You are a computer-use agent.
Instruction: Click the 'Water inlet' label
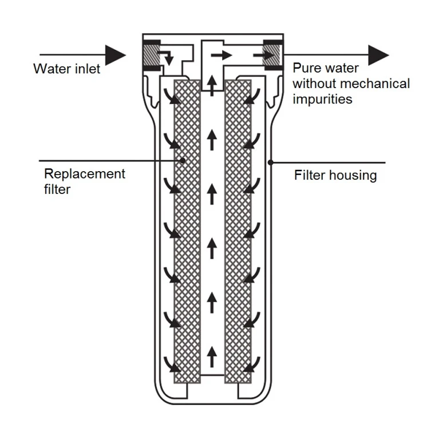(66, 69)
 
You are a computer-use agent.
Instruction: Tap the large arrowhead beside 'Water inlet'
(116, 55)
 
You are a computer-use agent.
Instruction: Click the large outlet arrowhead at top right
(378, 55)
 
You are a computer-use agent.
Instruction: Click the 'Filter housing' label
(335, 175)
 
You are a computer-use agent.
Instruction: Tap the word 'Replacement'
(84, 173)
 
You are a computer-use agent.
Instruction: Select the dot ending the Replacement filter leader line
(183, 161)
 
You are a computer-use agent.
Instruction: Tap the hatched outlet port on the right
(271, 57)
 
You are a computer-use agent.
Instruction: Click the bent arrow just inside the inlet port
(167, 57)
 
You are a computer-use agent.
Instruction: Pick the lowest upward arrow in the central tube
(212, 356)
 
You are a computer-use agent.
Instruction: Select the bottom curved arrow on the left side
(169, 363)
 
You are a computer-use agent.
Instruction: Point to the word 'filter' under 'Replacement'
(57, 189)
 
